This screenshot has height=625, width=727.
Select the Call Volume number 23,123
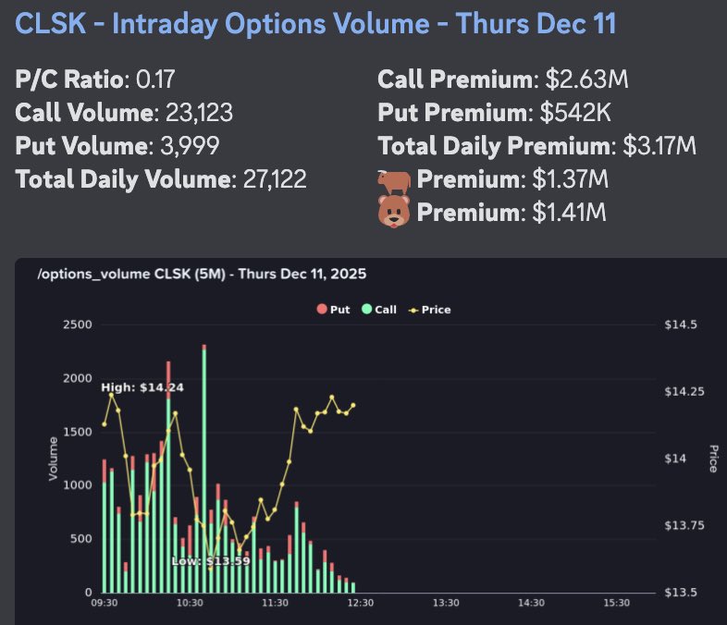point(198,113)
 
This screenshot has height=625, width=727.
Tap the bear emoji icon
point(393,213)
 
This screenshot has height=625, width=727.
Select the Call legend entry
point(378,310)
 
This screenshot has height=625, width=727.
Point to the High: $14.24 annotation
point(142,387)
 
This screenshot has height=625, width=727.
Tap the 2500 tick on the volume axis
point(77,324)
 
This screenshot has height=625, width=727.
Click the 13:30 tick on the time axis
point(446,603)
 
